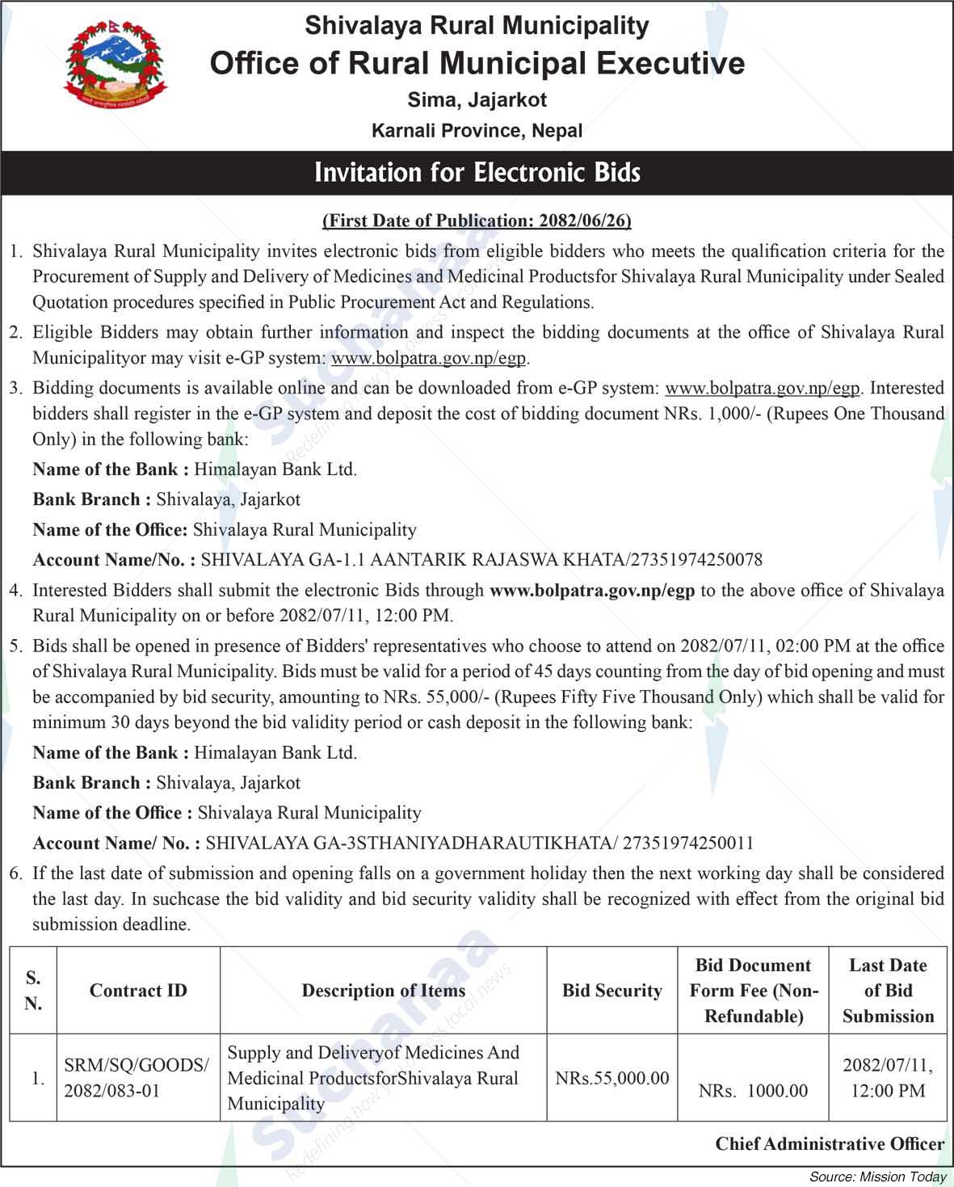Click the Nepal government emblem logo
[109, 67]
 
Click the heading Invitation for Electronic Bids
[477, 172]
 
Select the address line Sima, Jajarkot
[477, 100]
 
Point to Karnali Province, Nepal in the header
[477, 130]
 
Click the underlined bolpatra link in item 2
[429, 358]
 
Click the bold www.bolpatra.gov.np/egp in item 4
[592, 591]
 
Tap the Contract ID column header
[138, 991]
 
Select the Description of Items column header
[384, 991]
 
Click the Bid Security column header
[612, 991]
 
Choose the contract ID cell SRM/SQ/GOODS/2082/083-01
[137, 1078]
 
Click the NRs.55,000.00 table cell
[612, 1078]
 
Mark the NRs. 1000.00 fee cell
[753, 1091]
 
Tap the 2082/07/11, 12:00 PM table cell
[888, 1078]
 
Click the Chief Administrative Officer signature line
[830, 1143]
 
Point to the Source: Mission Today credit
[877, 1176]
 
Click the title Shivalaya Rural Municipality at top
[477, 26]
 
